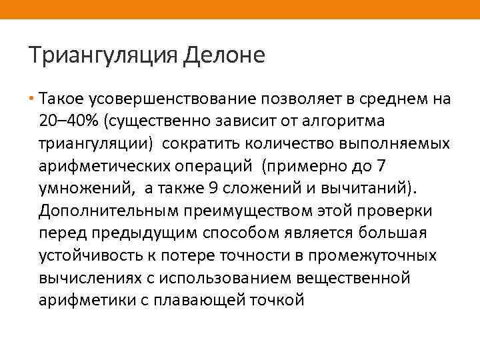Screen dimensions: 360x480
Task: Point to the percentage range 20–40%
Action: pyautogui.click(x=67, y=122)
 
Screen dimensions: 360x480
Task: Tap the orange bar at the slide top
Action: pyautogui.click(x=240, y=9)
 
